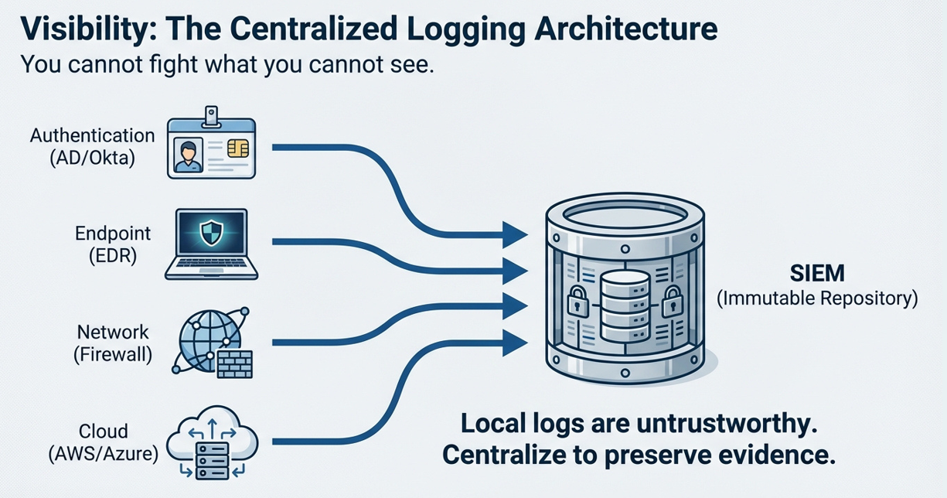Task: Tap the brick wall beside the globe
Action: (x=234, y=363)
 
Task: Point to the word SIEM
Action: (x=818, y=274)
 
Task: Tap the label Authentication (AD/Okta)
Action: (x=92, y=146)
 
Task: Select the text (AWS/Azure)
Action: (x=103, y=455)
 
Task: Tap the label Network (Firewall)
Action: (x=113, y=343)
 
